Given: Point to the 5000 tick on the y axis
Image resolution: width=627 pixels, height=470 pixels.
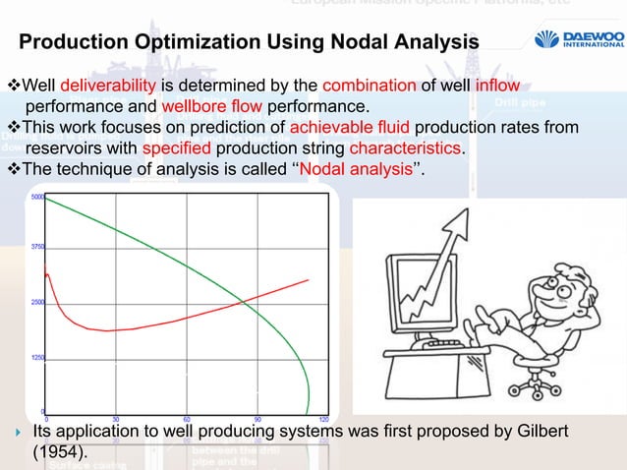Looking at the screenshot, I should tap(37, 198).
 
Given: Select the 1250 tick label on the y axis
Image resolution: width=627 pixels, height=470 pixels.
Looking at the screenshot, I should tap(37, 358).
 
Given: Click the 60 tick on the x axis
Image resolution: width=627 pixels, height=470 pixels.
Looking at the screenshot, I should tap(187, 418).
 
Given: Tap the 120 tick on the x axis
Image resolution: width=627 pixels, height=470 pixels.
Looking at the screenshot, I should tap(323, 418).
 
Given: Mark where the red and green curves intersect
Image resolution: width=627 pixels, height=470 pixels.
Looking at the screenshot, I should tap(243, 301).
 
